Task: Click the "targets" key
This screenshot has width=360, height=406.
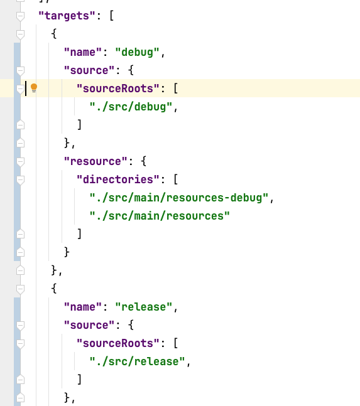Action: (67, 16)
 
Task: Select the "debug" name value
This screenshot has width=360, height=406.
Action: (137, 52)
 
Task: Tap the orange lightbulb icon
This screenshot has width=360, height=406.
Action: (34, 88)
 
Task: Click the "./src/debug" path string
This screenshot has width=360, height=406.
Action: (131, 107)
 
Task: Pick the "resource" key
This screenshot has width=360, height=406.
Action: (95, 161)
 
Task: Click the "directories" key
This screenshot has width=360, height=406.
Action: (118, 179)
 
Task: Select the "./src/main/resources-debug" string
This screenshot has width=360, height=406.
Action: (179, 198)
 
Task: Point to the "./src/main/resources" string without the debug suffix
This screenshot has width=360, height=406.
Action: (160, 216)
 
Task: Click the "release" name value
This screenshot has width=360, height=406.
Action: (144, 307)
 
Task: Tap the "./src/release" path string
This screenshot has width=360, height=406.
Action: (137, 361)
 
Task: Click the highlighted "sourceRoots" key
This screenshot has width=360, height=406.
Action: (118, 88)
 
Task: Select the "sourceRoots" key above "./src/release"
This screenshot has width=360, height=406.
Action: (118, 343)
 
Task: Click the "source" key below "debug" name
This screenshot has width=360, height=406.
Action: (89, 70)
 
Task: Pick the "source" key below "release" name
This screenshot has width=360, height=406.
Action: (89, 325)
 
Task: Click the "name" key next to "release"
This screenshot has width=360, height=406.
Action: (83, 307)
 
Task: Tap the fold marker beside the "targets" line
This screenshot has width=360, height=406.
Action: (20, 16)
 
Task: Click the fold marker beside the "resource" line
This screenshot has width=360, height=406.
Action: (20, 161)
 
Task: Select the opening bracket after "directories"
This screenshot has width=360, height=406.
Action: (176, 179)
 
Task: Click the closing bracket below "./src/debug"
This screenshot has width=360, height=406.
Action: (80, 125)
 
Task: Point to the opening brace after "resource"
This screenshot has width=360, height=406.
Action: (144, 161)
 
